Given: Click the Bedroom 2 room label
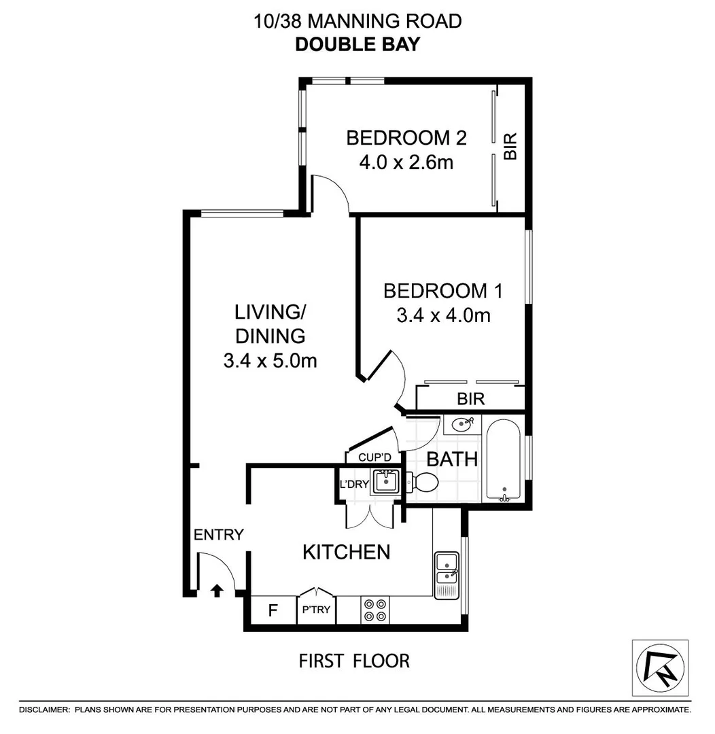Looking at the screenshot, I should coord(406,138).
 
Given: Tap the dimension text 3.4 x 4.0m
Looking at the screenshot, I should coord(443,315).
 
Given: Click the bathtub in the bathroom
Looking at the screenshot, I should coord(504,461).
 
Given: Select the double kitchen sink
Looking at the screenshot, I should coord(447,570).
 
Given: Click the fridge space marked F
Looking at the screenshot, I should coord(273,610).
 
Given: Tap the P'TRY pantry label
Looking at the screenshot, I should coord(316,610).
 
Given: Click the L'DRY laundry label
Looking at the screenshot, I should coord(353,485).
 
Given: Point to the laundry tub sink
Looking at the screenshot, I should coord(385,481).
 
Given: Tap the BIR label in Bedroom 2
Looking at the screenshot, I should coord(510,146).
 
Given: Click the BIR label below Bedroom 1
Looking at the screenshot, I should coord(471,399).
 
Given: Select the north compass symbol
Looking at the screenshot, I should coord(659,667).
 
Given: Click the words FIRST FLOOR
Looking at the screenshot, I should coord(354,660).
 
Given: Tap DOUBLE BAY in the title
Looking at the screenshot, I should coord(357,44).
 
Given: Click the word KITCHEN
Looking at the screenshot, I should coord(346,552).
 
